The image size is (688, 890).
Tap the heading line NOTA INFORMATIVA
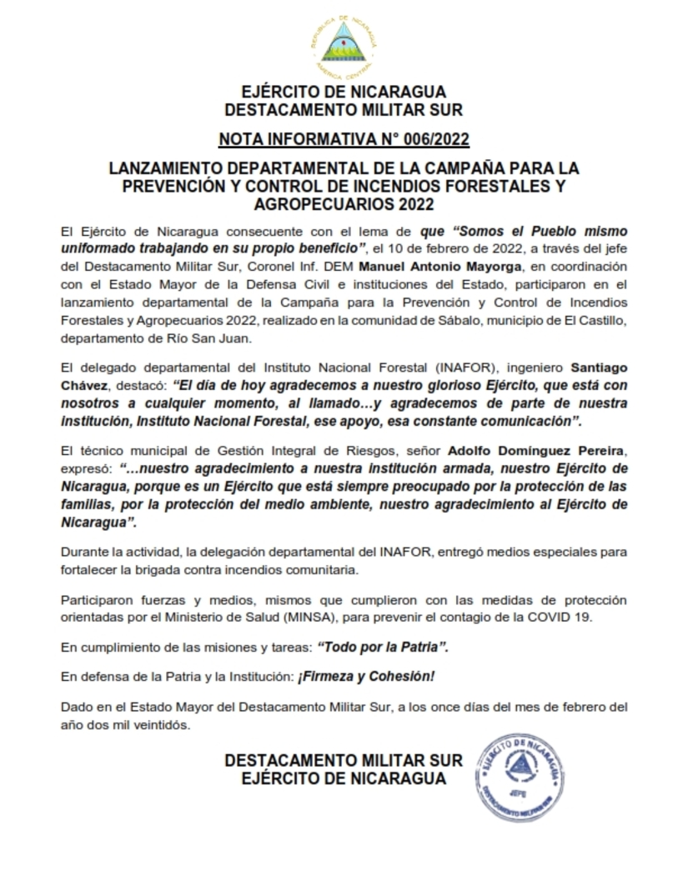(x=344, y=138)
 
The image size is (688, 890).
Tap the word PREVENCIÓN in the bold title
(x=169, y=185)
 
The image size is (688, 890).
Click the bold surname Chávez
(x=85, y=385)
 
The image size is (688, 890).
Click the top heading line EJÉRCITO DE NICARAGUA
(x=344, y=92)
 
